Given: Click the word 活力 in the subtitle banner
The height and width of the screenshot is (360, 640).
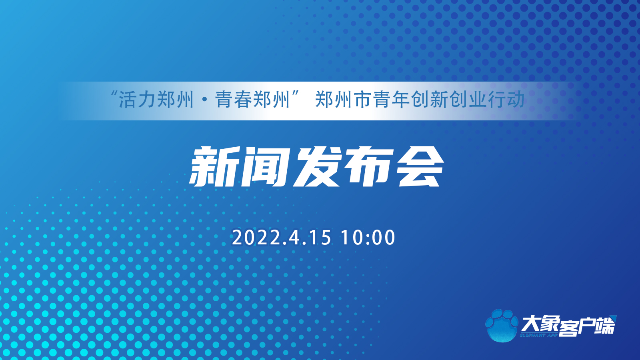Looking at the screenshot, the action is pos(137,100).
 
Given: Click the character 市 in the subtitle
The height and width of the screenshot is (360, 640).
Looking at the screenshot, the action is pos(362,100).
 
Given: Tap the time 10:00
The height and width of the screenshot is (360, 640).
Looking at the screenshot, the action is pos(368,238).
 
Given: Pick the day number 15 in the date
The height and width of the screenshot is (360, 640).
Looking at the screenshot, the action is pos(320,238).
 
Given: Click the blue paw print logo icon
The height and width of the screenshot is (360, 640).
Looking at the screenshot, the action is pos(502,325).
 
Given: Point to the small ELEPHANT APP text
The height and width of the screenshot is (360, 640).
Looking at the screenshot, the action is pos(539,335).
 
